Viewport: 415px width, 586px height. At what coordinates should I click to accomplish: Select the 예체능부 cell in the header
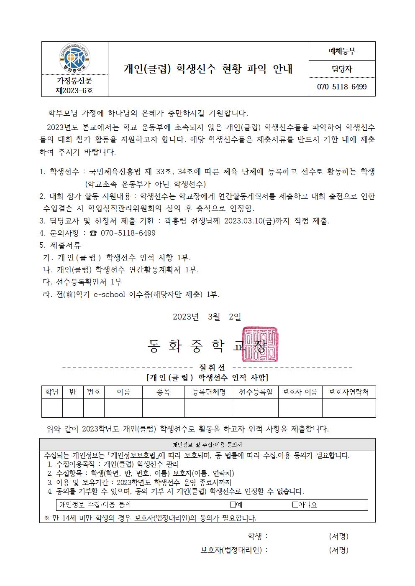coord(342,51)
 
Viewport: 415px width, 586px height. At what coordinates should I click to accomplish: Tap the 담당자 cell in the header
coord(342,69)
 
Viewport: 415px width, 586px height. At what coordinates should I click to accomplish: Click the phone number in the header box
coord(342,87)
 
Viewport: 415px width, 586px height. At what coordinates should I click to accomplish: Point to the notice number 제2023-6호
coord(74,90)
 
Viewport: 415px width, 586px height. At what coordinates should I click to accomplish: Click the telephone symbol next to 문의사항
coord(93,233)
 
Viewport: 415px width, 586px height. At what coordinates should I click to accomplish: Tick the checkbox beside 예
coord(233,505)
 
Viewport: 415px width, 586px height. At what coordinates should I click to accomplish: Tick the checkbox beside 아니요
coord(295,505)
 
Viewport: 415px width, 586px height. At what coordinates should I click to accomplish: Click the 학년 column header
coord(52,392)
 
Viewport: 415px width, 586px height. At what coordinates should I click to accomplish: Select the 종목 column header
coord(163,392)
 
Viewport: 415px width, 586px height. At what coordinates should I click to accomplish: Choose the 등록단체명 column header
coord(209,392)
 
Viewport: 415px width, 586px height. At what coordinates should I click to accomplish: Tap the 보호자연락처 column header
coord(348,392)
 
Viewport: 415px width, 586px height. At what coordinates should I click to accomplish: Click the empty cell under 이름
coord(123,408)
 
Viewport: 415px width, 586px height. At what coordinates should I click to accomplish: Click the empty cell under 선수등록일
coord(256,408)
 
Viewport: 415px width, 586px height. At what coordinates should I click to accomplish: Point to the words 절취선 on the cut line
coord(212,368)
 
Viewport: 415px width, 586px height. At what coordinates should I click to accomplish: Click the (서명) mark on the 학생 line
coord(338,536)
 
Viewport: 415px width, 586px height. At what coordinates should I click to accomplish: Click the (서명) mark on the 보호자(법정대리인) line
coord(338,550)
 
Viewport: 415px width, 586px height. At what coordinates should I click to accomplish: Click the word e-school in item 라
coord(109,294)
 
